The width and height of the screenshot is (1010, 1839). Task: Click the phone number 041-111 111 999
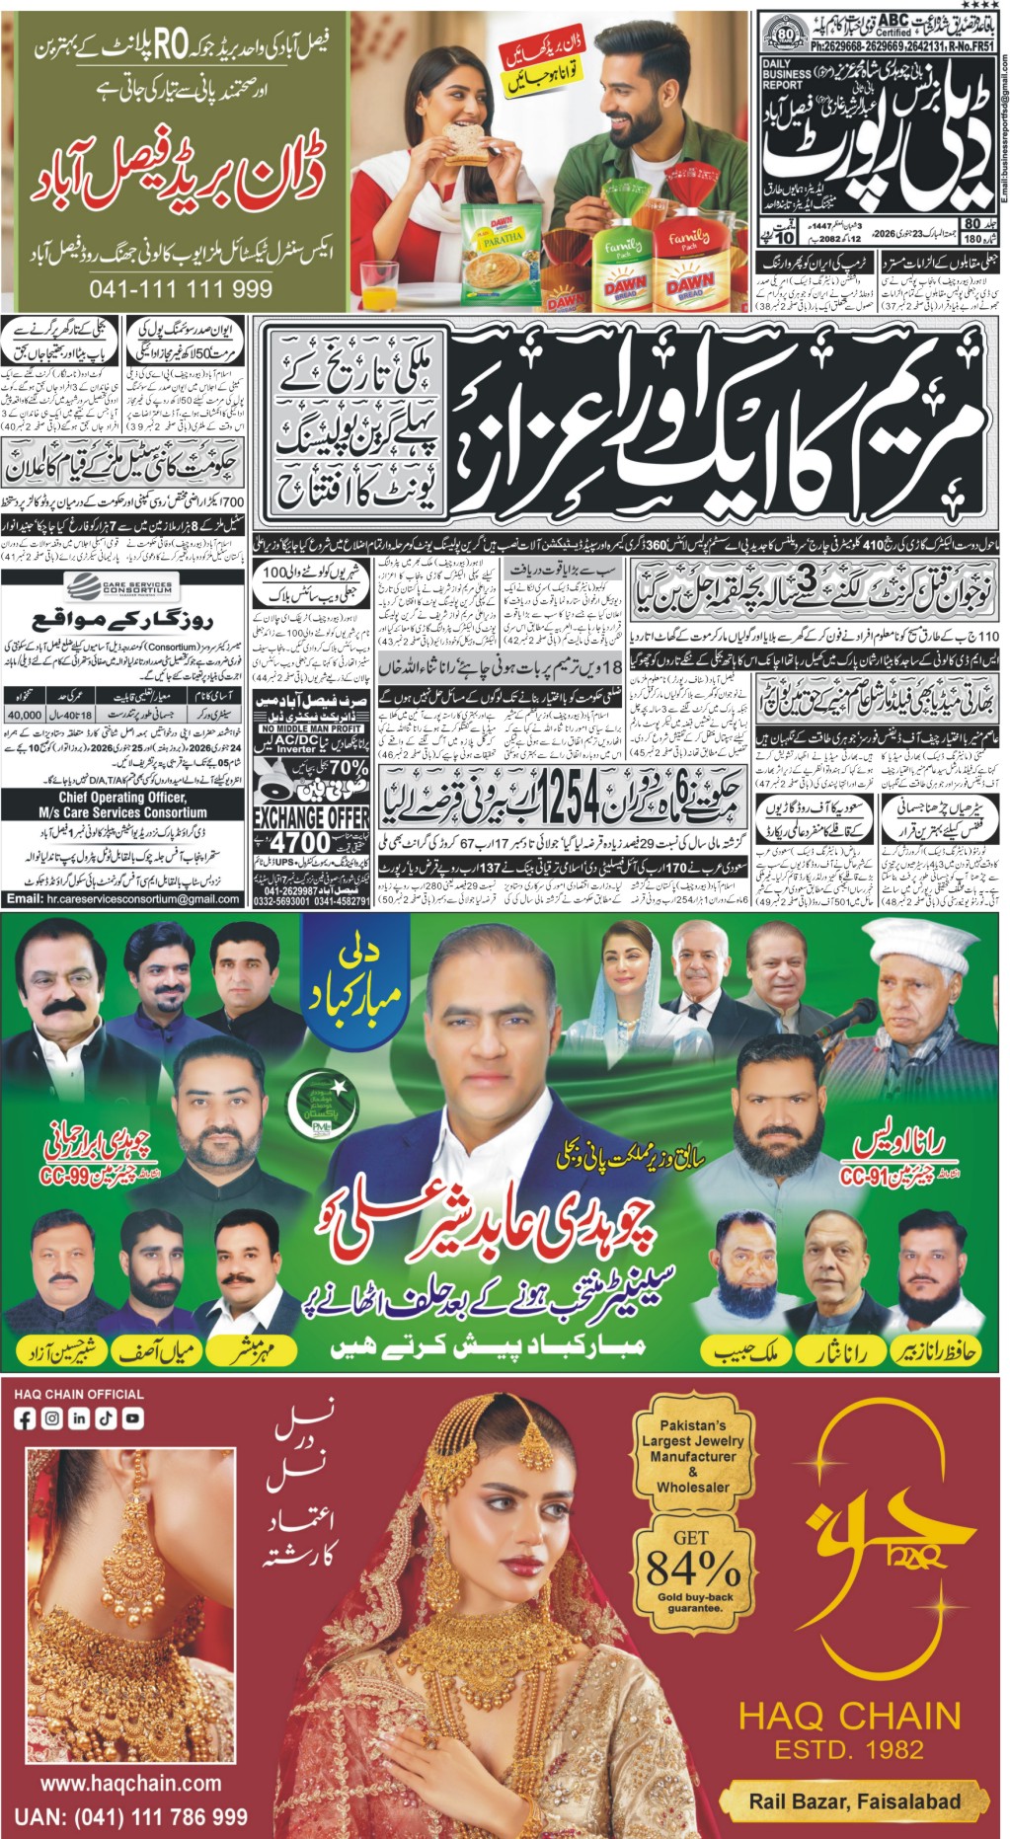click(x=181, y=289)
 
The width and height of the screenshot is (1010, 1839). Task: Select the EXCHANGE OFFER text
click(x=311, y=818)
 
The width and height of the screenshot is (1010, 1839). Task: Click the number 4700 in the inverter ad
click(x=300, y=843)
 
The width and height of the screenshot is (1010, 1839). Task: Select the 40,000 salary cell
click(x=25, y=715)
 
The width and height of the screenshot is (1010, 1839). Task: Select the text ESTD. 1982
click(x=849, y=1751)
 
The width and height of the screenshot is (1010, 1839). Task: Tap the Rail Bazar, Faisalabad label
click(x=854, y=1801)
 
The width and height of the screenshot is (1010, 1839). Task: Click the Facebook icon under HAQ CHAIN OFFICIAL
click(x=25, y=1418)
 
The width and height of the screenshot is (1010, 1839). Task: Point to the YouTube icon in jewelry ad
click(x=131, y=1418)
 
